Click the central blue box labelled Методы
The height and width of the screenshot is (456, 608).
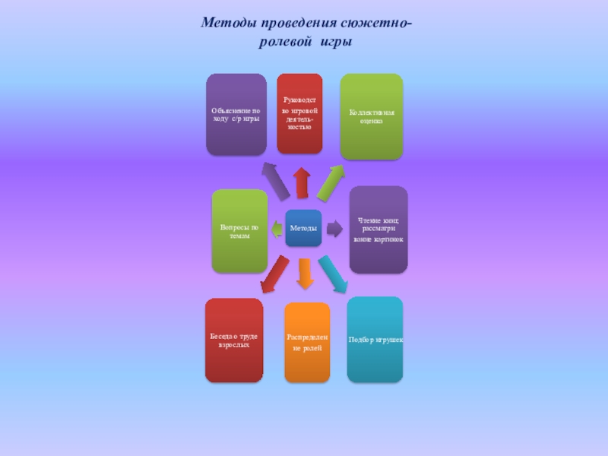303,228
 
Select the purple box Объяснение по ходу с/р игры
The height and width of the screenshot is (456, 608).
236,115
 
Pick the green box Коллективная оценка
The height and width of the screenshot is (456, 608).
371,116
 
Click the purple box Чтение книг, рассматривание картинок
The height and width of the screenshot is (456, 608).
378,230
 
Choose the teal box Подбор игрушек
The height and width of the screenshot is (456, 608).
375,339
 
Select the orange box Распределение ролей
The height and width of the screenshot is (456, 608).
307,342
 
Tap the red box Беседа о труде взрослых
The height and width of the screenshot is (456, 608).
233,340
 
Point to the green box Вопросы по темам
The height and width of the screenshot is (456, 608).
239,231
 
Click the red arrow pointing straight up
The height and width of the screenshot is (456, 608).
302,182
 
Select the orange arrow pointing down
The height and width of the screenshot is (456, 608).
305,274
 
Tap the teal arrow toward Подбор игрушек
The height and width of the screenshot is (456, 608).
333,274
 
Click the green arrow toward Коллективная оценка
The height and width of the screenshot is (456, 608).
331,183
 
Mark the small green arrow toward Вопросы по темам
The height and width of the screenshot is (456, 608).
277,227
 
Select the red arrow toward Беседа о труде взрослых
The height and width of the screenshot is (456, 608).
274,274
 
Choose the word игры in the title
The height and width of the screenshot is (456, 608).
334,43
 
